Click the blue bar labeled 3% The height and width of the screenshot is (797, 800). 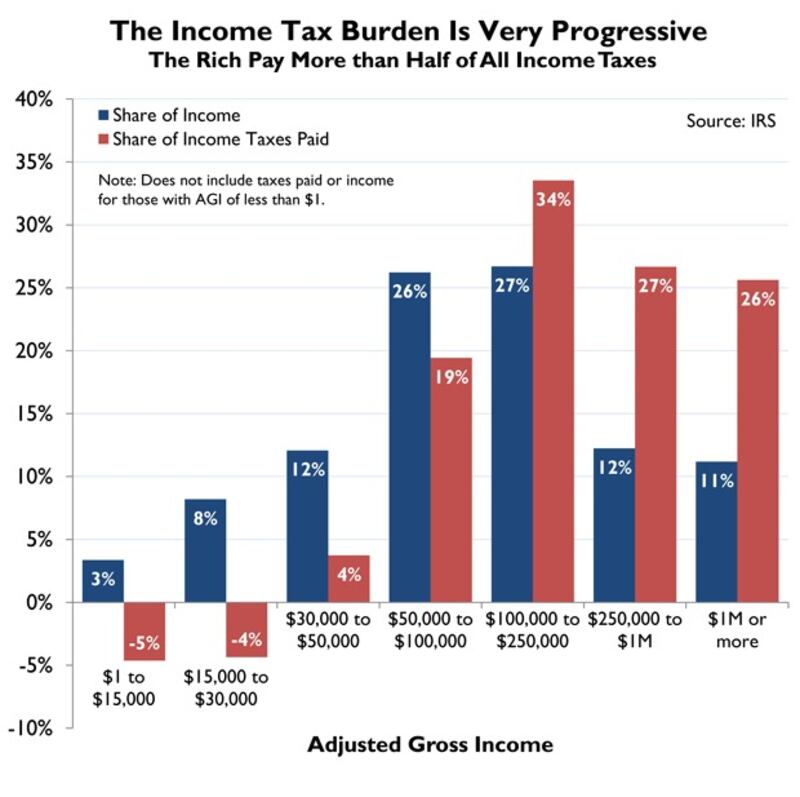click(x=103, y=581)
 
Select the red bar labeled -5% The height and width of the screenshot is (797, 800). click(x=144, y=631)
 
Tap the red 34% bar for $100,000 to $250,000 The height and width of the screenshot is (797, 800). click(x=553, y=391)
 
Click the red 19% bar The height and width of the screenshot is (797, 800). click(x=451, y=480)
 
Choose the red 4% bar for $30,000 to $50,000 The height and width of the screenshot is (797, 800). click(x=349, y=579)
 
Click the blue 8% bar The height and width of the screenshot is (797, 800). click(x=205, y=550)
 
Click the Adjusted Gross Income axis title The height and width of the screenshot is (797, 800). click(x=430, y=745)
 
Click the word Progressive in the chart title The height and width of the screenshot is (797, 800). click(x=617, y=31)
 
